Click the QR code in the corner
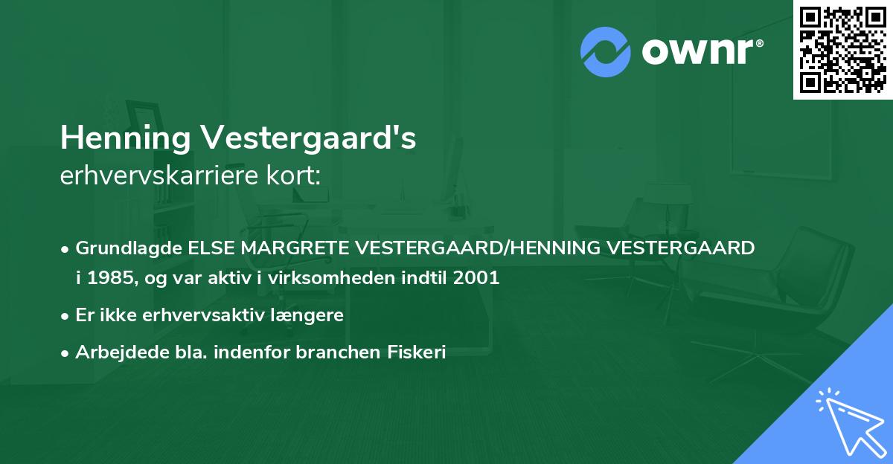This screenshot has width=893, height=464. [843, 50]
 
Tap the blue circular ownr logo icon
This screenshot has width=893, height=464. [606, 52]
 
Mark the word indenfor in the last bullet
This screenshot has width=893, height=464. [252, 352]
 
